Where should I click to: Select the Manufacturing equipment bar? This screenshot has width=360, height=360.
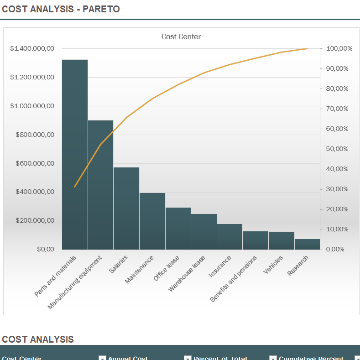pyautogui.click(x=100, y=185)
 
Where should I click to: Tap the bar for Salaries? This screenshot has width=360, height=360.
pyautogui.click(x=126, y=208)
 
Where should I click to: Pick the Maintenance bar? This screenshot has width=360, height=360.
pyautogui.click(x=152, y=221)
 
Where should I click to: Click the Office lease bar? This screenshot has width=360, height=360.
pyautogui.click(x=178, y=228)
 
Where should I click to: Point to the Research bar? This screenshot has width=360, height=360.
pyautogui.click(x=307, y=244)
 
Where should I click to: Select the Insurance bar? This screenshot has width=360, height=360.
pyautogui.click(x=230, y=236)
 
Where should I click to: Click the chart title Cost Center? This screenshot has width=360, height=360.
pyautogui.click(x=181, y=37)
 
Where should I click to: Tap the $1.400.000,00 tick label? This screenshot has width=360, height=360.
pyautogui.click(x=32, y=48)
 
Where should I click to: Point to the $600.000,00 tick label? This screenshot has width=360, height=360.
pyautogui.click(x=35, y=163)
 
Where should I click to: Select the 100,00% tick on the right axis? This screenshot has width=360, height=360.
pyautogui.click(x=339, y=48)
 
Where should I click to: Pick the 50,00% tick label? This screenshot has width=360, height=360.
pyautogui.click(x=337, y=149)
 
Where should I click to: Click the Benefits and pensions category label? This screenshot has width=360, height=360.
pyautogui.click(x=234, y=278)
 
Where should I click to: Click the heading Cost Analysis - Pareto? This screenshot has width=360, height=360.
pyautogui.click(x=61, y=9)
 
